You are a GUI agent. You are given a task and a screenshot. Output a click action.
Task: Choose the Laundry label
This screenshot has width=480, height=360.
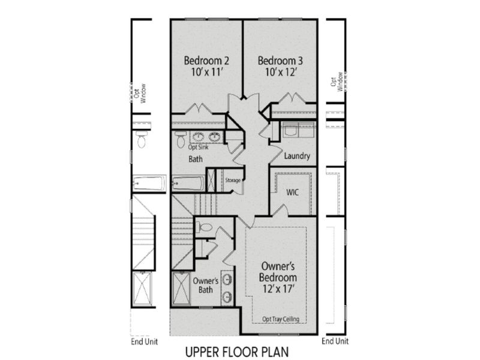(298, 157)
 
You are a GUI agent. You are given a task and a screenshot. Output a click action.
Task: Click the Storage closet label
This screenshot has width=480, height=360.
(233, 180)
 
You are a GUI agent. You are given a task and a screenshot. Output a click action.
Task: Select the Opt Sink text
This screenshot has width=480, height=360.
(199, 146)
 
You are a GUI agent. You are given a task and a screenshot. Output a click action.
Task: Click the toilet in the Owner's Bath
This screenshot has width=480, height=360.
(205, 227)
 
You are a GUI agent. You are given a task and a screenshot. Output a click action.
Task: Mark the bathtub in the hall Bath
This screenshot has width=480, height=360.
(188, 182)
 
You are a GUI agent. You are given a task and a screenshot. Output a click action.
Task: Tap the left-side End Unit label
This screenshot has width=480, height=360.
(145, 342)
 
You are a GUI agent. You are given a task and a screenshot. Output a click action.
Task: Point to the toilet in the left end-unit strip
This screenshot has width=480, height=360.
(142, 140)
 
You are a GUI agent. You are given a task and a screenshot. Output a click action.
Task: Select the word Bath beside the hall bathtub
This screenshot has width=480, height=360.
(196, 159)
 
